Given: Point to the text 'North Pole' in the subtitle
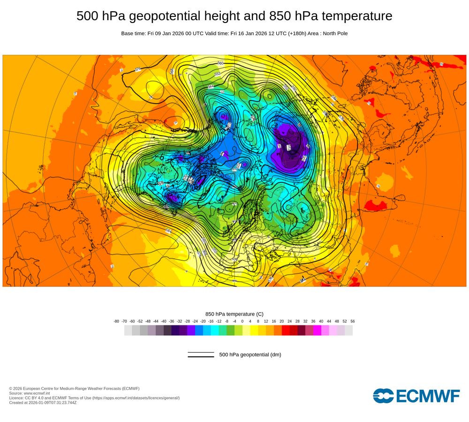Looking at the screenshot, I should click(333, 33).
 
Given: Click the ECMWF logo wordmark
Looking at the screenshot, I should click(416, 396).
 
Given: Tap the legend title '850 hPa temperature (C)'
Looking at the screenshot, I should click(234, 314).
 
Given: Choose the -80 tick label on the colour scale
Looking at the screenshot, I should click(116, 321).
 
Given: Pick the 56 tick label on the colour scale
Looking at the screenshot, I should click(353, 321).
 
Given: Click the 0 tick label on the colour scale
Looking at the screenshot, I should click(242, 321).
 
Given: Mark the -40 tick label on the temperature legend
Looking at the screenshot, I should click(164, 321).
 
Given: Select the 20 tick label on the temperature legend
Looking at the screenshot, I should click(282, 321).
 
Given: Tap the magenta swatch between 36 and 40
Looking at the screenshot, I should click(317, 330).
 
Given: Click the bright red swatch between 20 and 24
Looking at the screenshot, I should click(286, 330).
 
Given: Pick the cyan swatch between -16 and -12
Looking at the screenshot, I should click(215, 330).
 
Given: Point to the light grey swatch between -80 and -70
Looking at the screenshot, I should click(128, 330).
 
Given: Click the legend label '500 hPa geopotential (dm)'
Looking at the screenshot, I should click(250, 354).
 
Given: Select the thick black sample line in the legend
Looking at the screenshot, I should click(201, 357).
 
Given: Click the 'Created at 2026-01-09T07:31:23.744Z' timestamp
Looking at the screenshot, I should click(43, 402).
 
